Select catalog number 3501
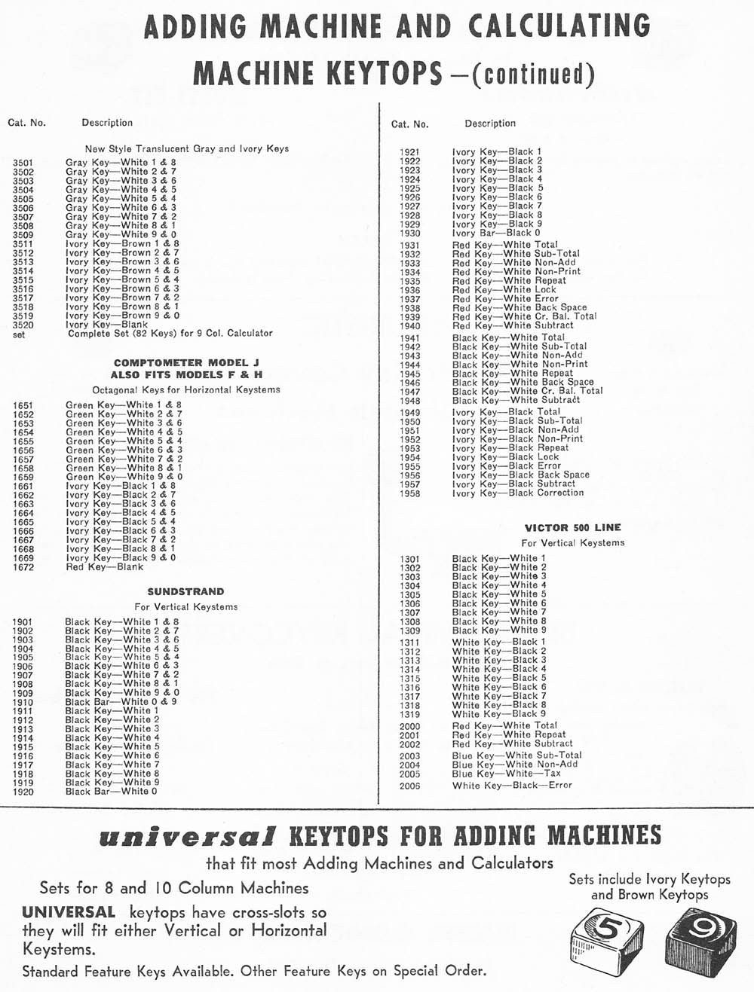[x=23, y=162]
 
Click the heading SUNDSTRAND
[x=185, y=592]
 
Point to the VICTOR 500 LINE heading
[x=573, y=528]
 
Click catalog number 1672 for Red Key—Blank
[x=23, y=567]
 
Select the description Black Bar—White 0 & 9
[x=121, y=702]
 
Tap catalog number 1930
[x=409, y=234]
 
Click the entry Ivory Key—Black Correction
[x=517, y=493]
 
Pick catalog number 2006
[x=409, y=786]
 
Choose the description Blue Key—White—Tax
[x=506, y=774]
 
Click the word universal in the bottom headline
[x=187, y=837]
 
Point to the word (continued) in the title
[x=533, y=75]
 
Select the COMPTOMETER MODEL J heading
[x=186, y=362]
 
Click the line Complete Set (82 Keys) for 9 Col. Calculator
[x=170, y=333]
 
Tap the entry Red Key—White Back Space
[x=519, y=308]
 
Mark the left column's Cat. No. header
[x=27, y=123]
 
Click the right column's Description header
[x=490, y=124]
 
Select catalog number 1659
[x=23, y=477]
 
